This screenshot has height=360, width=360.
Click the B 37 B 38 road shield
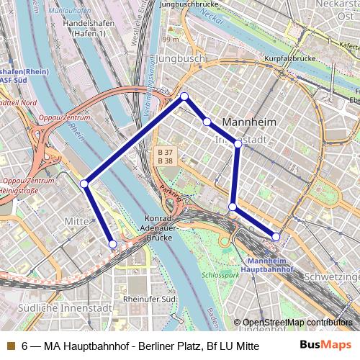(164, 157)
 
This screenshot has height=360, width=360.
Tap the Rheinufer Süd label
(150, 298)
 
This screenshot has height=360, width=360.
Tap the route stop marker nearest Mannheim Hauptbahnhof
(276, 237)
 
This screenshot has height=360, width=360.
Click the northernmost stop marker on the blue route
(184, 96)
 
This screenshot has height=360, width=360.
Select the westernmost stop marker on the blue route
(84, 184)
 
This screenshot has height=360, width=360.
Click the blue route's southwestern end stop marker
(112, 245)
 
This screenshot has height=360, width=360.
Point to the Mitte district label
(76, 221)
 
